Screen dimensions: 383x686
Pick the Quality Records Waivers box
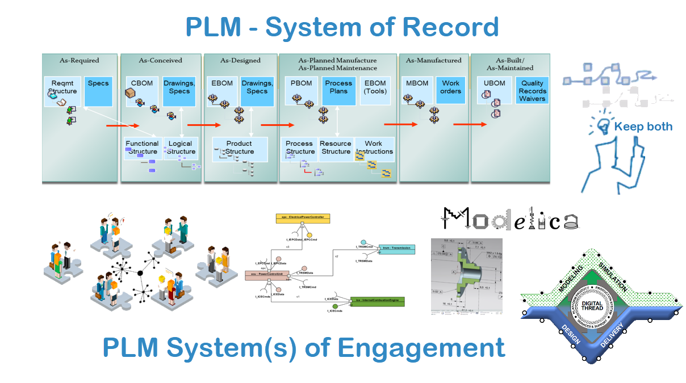(x=532, y=91)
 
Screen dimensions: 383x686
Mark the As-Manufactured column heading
(x=434, y=60)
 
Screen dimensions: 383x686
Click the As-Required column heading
(x=80, y=60)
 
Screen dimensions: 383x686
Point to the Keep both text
(x=643, y=127)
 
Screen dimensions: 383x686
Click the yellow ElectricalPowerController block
(x=303, y=218)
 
